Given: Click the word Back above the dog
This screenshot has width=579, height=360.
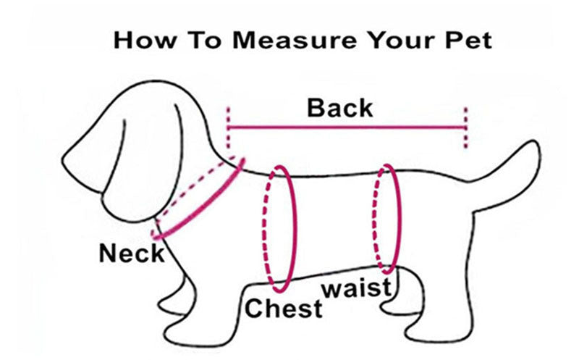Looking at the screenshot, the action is [339, 108].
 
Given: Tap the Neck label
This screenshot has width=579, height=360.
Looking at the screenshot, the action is [132, 254].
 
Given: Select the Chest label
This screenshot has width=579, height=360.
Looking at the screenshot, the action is [283, 309].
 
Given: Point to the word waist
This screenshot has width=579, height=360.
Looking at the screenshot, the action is [357, 288].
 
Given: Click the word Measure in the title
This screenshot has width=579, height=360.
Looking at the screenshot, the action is [295, 40].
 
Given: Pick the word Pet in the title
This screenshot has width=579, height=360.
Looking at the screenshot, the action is [468, 40].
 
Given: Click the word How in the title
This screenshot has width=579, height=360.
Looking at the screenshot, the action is [144, 40].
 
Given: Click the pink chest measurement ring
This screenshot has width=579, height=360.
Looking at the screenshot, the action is [295, 229].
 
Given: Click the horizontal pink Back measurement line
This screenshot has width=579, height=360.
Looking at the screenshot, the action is [347, 127].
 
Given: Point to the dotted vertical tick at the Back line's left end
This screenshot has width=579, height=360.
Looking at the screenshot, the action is [228, 127].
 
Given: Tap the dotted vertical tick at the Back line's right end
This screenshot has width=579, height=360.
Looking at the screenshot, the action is [465, 127].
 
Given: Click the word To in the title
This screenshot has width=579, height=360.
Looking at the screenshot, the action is [206, 40].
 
